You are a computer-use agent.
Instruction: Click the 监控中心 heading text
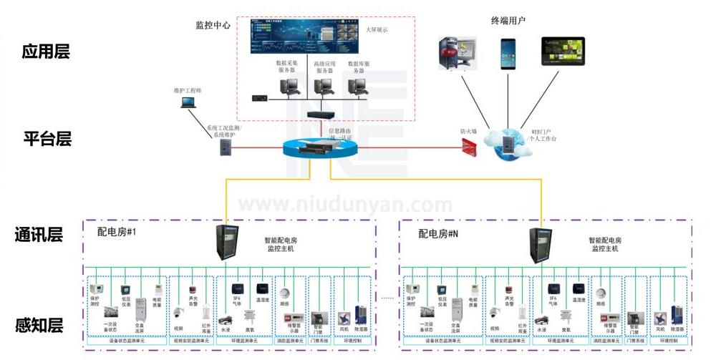pyautogui.click(x=213, y=24)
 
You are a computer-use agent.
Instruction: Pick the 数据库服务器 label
pyautogui.click(x=362, y=67)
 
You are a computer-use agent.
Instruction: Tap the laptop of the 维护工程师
pyautogui.click(x=188, y=102)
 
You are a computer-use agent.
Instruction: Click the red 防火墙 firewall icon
pyautogui.click(x=470, y=147)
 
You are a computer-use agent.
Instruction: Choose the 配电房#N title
pyautogui.click(x=438, y=233)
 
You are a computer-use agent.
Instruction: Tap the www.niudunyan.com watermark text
pyautogui.click(x=345, y=206)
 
